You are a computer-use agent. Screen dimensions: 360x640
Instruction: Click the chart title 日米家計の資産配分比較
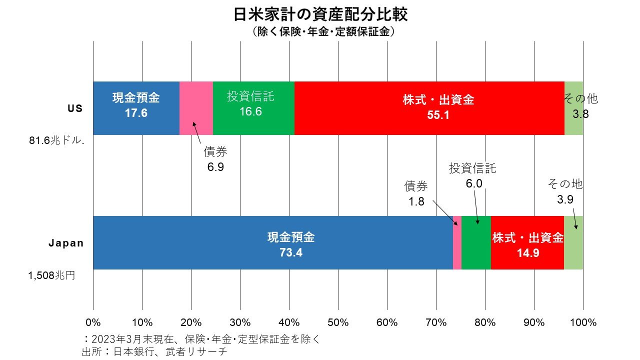[320, 14]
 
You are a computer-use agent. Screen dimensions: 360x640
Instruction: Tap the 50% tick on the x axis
[338, 322]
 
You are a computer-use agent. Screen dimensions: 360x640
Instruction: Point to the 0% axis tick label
[93, 322]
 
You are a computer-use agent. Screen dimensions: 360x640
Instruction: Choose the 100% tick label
[582, 322]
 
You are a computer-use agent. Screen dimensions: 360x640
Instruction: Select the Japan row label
[65, 243]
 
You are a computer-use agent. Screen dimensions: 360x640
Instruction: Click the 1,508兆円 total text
[51, 274]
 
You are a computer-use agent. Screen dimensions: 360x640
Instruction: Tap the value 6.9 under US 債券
[215, 166]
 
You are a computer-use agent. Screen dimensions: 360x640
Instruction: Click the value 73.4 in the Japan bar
[291, 252]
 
